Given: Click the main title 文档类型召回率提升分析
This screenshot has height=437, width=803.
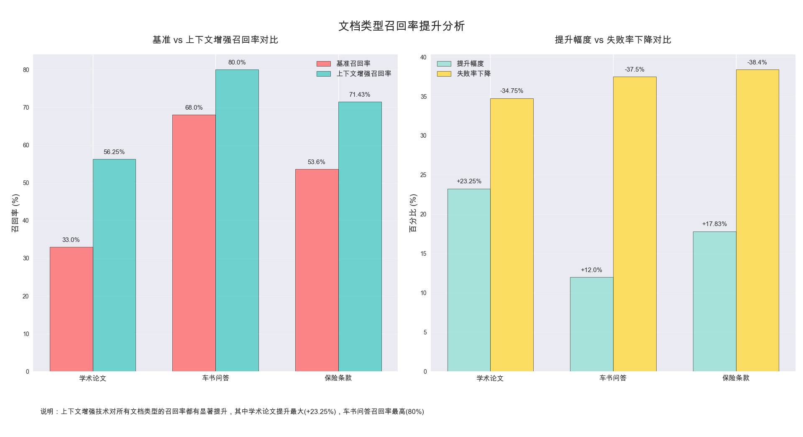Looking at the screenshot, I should coord(401,26).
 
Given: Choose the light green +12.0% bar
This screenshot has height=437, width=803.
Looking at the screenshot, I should coord(591,324).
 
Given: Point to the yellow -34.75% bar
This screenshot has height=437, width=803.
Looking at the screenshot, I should coord(511,235).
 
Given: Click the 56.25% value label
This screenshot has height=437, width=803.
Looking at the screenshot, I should coord(114,152).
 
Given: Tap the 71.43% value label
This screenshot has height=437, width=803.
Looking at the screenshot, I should coord(360,95).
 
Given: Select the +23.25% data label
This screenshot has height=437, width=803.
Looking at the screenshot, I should coord(469,181).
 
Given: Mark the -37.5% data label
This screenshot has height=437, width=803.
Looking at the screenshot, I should coord(634,69).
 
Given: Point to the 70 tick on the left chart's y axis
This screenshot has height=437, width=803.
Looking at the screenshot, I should coord(26,108).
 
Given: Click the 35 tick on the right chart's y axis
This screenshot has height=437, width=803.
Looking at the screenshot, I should coord(424,97).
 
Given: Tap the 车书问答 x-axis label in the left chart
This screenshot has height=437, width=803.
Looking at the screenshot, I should coord(216,378).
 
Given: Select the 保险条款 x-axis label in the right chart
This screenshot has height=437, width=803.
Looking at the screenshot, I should coord(736,378).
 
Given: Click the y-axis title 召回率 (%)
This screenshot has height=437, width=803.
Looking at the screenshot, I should coord(15,213).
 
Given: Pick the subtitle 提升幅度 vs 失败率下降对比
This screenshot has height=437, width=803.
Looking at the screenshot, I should coord(613,40).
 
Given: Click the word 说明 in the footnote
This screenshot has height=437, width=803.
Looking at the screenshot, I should coord(47,411).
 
